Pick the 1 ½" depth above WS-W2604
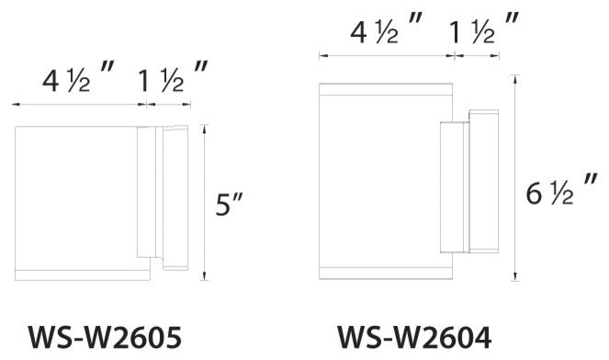[483, 34]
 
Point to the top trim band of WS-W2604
[386, 89]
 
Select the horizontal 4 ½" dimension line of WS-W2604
[386, 57]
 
